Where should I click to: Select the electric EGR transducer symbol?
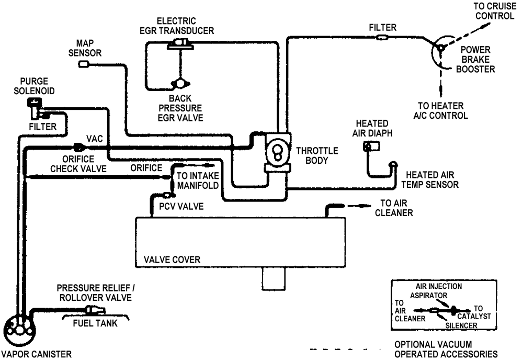(x=180, y=44)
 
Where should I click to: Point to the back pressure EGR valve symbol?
(x=180, y=83)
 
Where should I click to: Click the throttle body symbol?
(x=278, y=152)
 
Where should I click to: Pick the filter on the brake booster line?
(x=382, y=37)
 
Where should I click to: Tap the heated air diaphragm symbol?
(x=371, y=146)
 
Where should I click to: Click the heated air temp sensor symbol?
(x=393, y=165)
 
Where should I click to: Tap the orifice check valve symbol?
(x=79, y=147)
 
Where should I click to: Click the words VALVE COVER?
(x=172, y=260)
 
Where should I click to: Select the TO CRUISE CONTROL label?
(x=495, y=11)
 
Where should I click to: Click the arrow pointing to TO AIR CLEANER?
(x=360, y=206)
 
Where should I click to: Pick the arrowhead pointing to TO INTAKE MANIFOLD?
(x=209, y=165)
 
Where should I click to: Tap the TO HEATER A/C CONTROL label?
(x=440, y=110)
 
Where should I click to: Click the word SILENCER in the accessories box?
(x=461, y=325)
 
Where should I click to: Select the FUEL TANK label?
(x=95, y=323)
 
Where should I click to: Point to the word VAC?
(x=94, y=139)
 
